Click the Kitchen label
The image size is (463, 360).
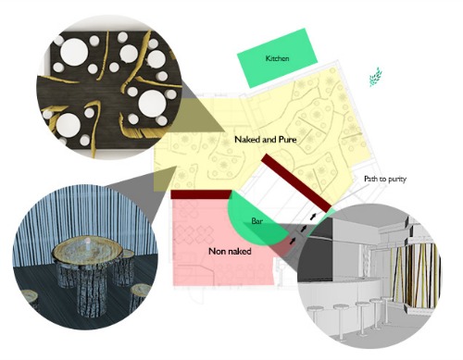(277, 58)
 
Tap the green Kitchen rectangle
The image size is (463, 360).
(277, 58)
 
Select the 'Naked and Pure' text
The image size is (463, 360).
(266, 140)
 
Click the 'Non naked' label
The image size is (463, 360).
(230, 252)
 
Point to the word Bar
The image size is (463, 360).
(257, 221)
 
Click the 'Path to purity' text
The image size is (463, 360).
(385, 180)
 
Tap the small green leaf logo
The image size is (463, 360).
(376, 77)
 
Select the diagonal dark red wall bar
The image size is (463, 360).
(296, 183)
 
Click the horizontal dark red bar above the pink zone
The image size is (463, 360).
(201, 194)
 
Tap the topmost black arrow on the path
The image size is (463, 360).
(313, 217)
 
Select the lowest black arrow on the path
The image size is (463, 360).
(292, 241)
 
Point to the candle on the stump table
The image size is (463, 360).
(88, 242)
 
